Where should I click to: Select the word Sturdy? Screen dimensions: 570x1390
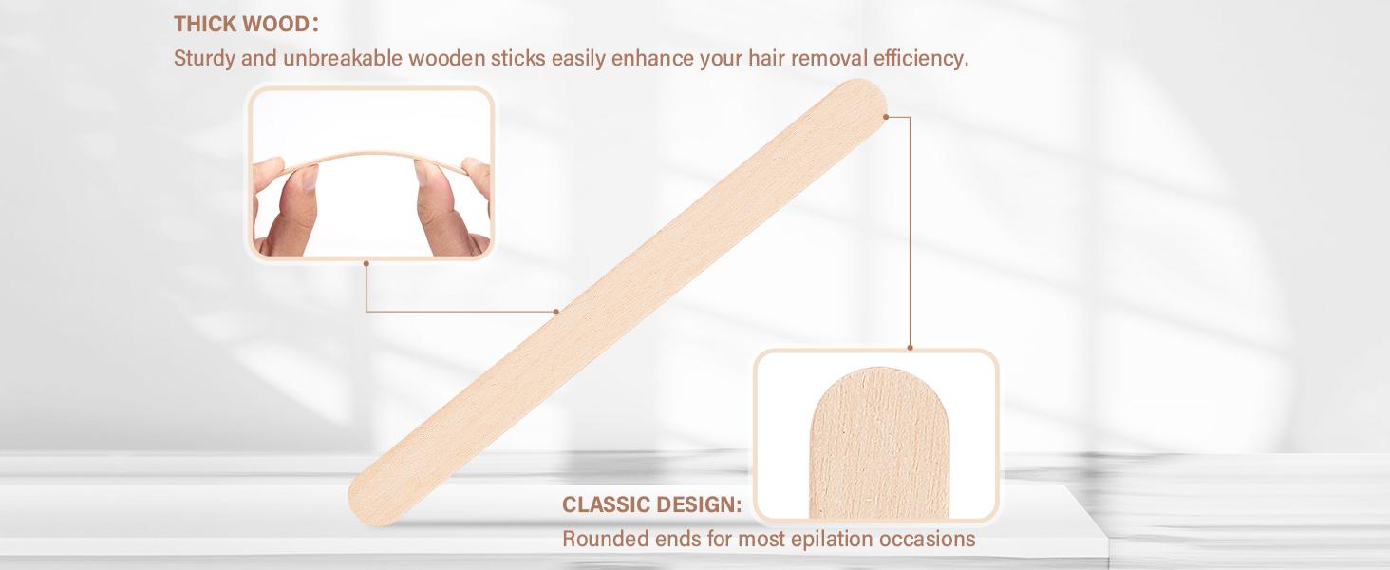[202, 59]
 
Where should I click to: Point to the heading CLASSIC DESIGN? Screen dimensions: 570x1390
[651, 504]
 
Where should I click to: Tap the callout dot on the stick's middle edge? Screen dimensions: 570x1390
[556, 311]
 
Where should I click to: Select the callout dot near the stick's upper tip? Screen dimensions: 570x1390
[886, 117]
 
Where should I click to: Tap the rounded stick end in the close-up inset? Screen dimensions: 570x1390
[874, 418]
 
